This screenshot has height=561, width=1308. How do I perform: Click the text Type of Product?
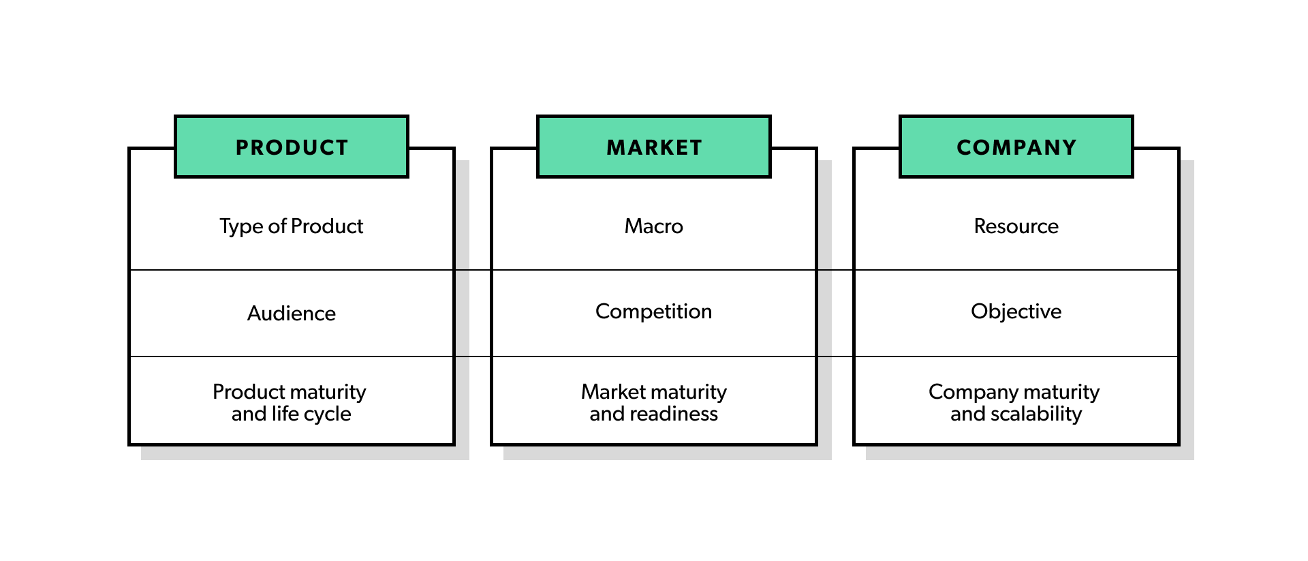tap(292, 226)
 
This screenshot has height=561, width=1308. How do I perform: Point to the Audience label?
tap(292, 314)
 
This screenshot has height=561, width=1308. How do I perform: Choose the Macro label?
tap(654, 226)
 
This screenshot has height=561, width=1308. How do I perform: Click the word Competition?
tap(654, 312)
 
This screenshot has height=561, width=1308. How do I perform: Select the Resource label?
tap(1016, 226)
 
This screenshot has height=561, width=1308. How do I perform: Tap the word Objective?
tap(1016, 312)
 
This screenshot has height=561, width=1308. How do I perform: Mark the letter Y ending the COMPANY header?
tap(1070, 148)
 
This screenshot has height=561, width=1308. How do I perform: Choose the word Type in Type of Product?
tap(241, 226)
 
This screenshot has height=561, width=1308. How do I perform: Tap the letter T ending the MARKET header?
tap(696, 148)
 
